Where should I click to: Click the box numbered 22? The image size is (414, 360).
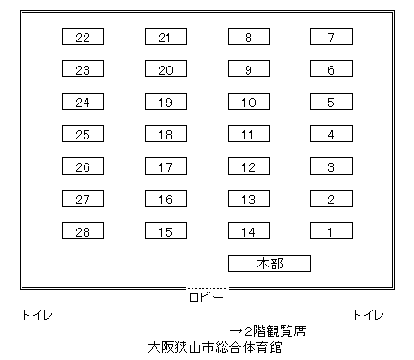click(83, 37)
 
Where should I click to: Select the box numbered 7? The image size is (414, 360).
click(331, 37)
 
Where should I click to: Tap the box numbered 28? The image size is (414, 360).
click(83, 231)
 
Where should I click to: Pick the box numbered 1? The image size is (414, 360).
click(331, 231)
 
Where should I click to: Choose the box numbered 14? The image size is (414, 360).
click(248, 231)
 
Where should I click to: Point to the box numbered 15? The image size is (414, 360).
click(166, 231)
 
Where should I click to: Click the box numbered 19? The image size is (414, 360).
click(166, 102)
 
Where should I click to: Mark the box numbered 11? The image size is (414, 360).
click(248, 134)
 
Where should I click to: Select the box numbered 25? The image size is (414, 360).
click(83, 134)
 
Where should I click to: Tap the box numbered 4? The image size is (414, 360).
click(331, 134)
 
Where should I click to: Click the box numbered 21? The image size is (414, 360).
click(166, 37)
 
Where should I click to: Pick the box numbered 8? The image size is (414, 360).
click(248, 37)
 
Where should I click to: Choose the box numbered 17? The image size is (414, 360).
click(166, 166)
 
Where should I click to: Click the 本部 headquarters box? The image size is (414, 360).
click(269, 264)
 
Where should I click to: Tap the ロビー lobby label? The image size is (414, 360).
click(206, 298)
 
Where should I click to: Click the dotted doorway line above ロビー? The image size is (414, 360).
click(207, 288)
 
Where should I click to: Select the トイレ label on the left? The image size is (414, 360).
click(38, 315)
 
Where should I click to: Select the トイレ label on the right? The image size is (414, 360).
click(369, 315)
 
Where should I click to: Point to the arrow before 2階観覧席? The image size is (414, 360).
click(236, 331)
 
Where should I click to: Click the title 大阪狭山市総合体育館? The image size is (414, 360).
click(215, 347)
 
